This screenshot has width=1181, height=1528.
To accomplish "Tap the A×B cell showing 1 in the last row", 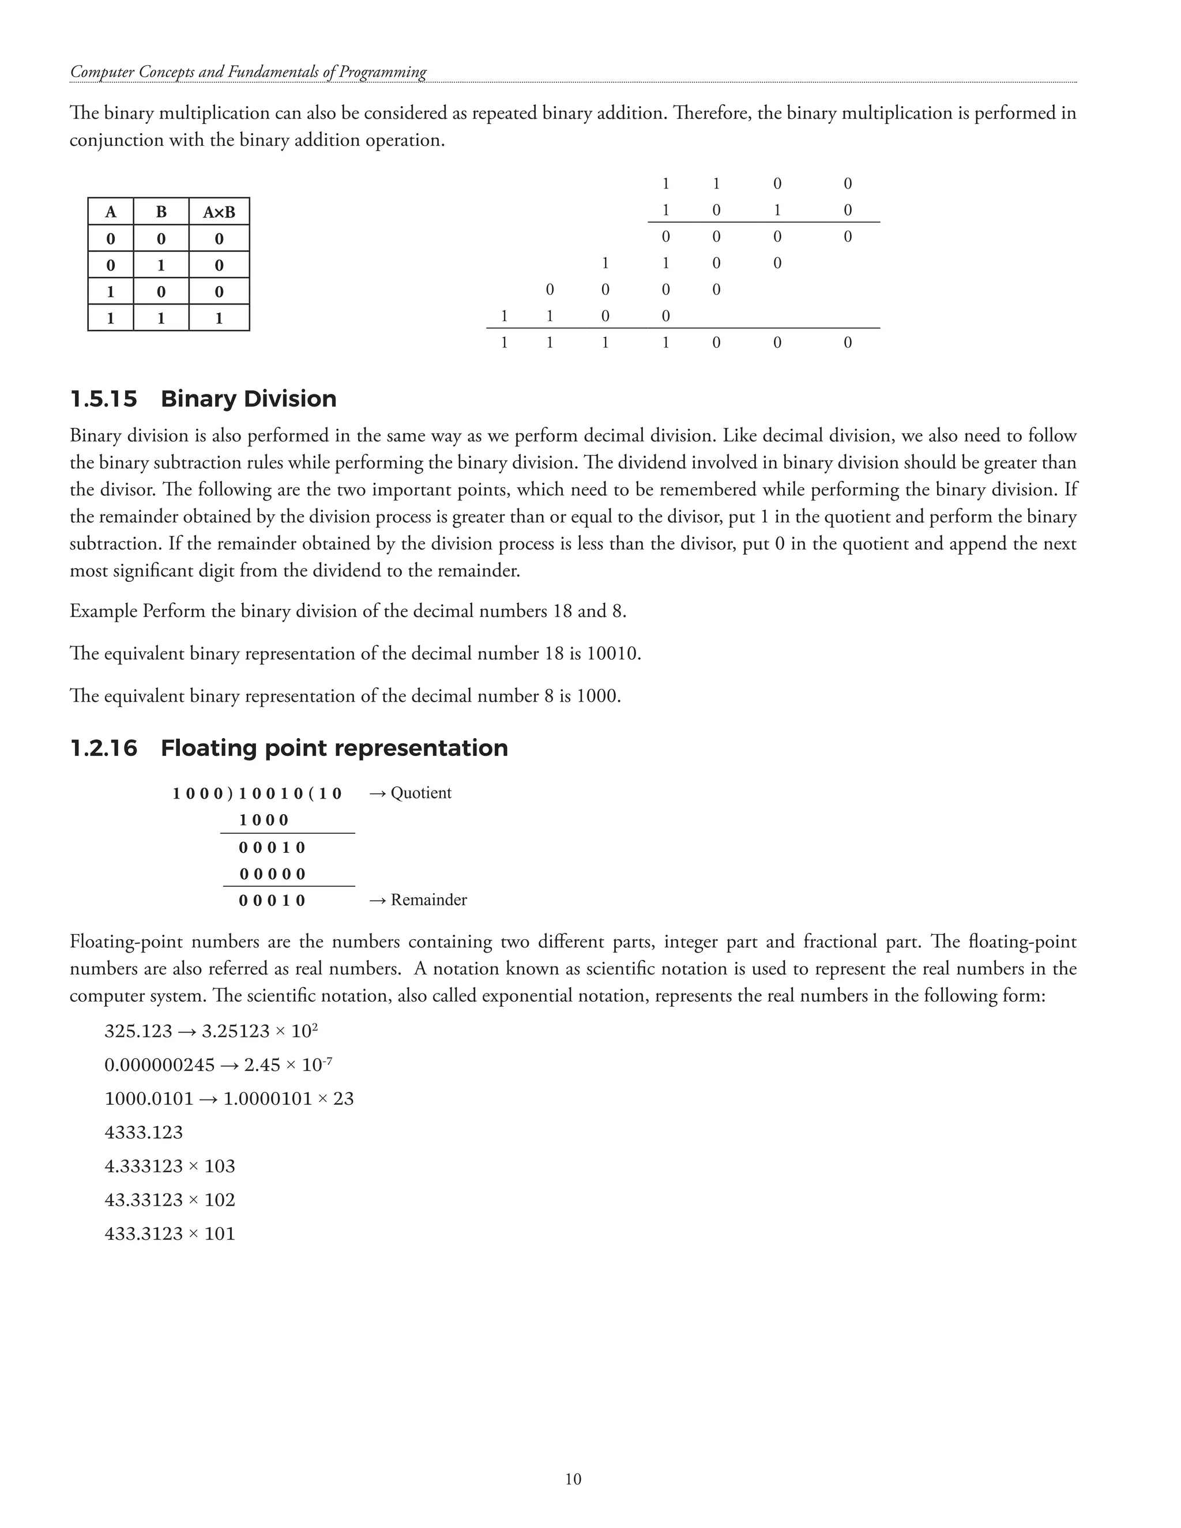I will coord(219,318).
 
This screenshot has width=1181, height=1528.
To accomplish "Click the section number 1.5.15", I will coord(104,399).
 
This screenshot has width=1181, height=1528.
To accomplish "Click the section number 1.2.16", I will coord(104,748).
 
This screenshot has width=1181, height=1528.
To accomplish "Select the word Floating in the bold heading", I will coord(209,748).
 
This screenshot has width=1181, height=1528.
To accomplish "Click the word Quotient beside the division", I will coord(420,793).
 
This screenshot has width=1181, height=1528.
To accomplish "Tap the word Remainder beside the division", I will coord(428,900).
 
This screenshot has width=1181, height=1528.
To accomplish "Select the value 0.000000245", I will coord(160,1065).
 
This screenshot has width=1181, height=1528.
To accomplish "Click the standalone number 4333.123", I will coord(144,1132).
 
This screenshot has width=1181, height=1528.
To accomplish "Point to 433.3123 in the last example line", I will coord(144,1233).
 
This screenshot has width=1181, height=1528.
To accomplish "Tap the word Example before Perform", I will coord(104,611).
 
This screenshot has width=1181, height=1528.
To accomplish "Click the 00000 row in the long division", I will coord(273,874).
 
